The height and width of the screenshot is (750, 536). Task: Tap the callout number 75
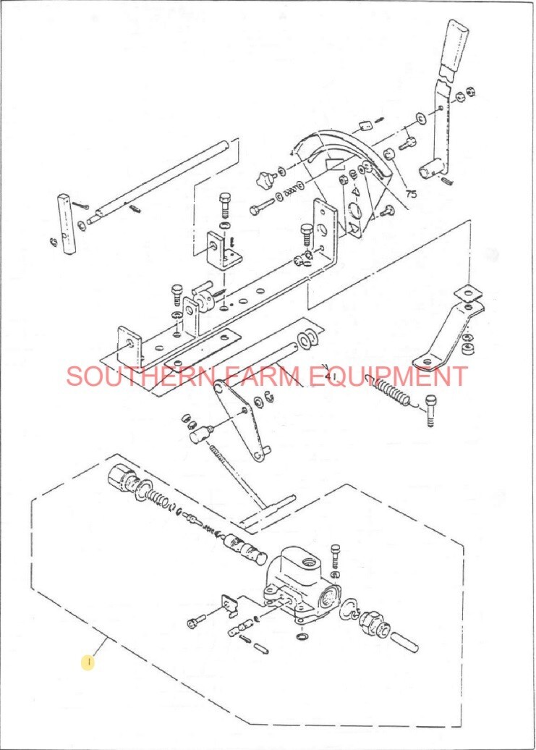(x=411, y=194)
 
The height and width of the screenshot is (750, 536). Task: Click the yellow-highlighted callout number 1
(x=87, y=661)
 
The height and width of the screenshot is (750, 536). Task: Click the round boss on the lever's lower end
(x=433, y=169)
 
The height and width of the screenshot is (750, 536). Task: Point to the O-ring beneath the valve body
(x=301, y=637)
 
